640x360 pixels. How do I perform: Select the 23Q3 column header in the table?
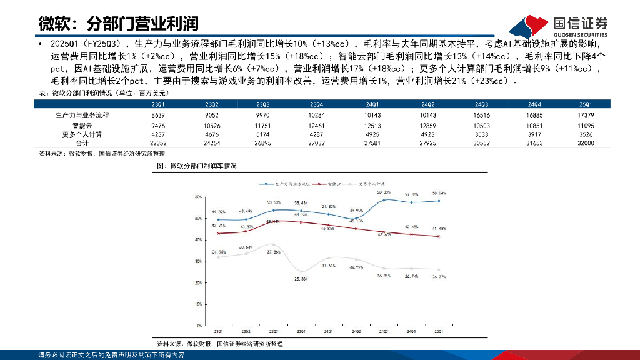point(263,104)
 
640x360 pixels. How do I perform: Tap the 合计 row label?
point(82,143)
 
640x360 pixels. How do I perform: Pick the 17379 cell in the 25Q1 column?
point(586,115)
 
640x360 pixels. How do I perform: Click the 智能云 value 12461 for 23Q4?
point(317,125)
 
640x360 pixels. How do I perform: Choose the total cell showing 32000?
point(586,143)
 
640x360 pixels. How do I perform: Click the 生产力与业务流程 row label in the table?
point(82,115)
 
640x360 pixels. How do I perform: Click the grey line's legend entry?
point(369,184)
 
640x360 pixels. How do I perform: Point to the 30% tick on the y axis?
point(199,261)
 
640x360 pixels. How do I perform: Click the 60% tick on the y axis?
point(199,196)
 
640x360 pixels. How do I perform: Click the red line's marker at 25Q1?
point(439,236)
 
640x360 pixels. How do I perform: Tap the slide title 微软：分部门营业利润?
point(118,24)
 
